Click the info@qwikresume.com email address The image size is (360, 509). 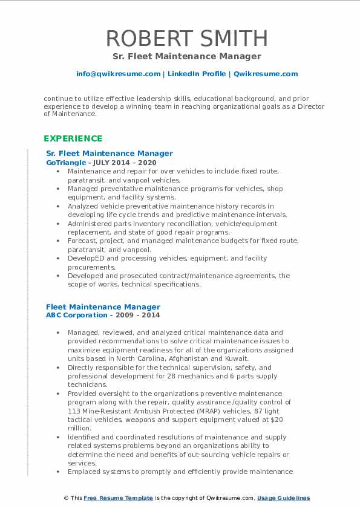tap(118, 74)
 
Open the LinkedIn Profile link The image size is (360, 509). tap(197, 74)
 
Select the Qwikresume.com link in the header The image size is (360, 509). tap(266, 74)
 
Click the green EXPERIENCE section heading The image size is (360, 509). tap(73, 138)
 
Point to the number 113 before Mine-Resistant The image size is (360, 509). tap(76, 410)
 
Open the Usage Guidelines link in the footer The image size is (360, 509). tap(283, 498)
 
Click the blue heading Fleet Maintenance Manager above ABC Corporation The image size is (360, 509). tap(103, 307)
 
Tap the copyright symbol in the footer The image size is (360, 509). tap(67, 498)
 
